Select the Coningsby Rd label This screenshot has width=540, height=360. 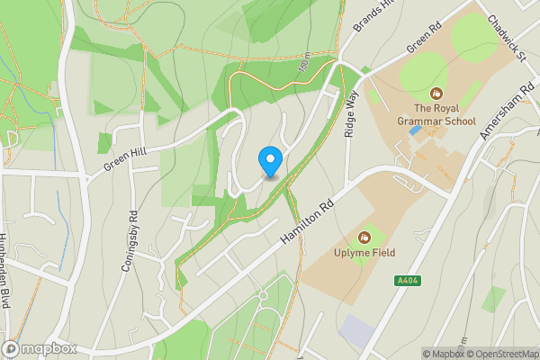tap(133, 229)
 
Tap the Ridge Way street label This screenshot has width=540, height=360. tap(351, 117)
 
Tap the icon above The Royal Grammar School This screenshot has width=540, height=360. tap(437, 93)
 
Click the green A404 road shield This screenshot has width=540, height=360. tap(408, 282)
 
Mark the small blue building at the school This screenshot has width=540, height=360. tap(415, 130)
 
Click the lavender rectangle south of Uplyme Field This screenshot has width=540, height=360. tap(355, 330)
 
